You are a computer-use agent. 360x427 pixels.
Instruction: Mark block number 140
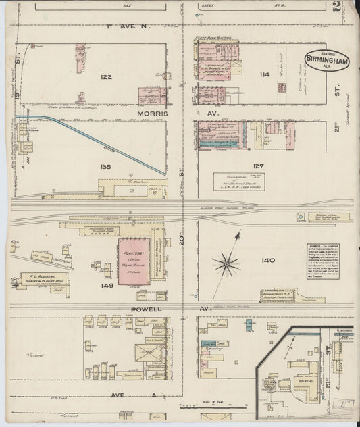tap(269, 259)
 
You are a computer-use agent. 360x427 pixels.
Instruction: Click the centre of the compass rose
tap(227, 263)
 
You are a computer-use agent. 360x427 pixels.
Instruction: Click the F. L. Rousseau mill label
tap(40, 278)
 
